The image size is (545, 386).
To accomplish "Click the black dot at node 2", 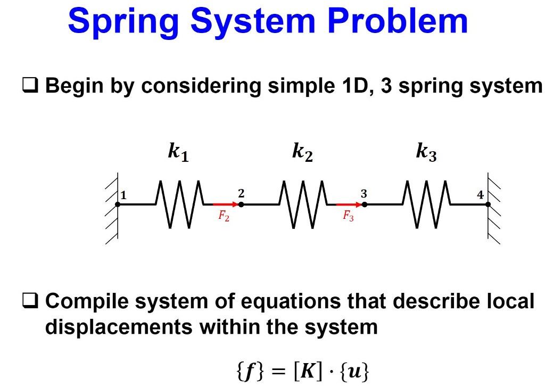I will point(241,204).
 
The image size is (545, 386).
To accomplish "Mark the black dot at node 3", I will point(365,204).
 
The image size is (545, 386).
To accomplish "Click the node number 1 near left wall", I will point(124,195).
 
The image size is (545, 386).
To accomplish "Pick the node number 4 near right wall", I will point(480,195).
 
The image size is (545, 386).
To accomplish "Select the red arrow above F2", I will point(225,204).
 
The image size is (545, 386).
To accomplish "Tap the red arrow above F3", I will point(349,204).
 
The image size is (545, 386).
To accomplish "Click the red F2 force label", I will point(224,216).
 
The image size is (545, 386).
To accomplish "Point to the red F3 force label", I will point(348,216).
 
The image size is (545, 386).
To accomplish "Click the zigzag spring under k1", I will point(179,204).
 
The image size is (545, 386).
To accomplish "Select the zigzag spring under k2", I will point(302,204).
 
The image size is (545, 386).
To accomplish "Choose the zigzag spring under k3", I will point(426,204).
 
